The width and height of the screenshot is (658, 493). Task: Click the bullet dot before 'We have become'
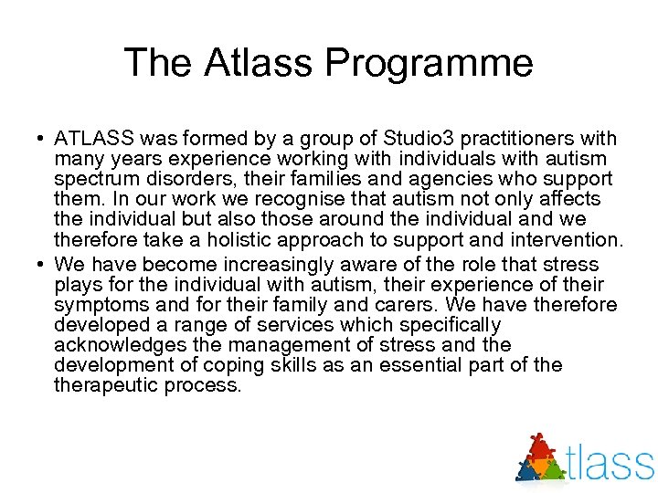click(41, 265)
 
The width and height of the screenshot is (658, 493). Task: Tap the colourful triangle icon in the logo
click(542, 457)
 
